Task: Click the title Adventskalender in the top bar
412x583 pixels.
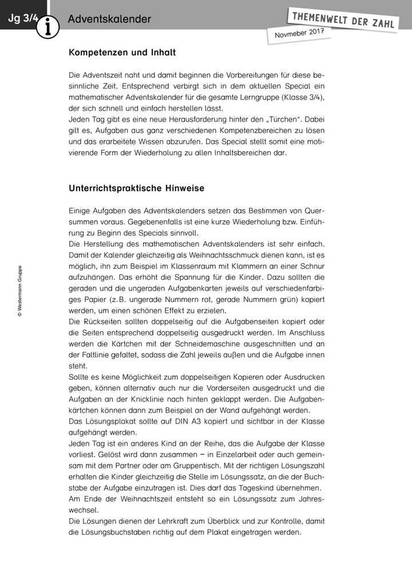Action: (109, 19)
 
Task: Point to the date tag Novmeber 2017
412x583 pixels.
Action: (299, 34)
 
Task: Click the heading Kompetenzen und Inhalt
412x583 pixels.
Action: (122, 53)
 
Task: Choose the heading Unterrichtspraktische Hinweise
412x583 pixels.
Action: (136, 188)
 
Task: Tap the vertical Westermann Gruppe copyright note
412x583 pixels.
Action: (20, 290)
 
